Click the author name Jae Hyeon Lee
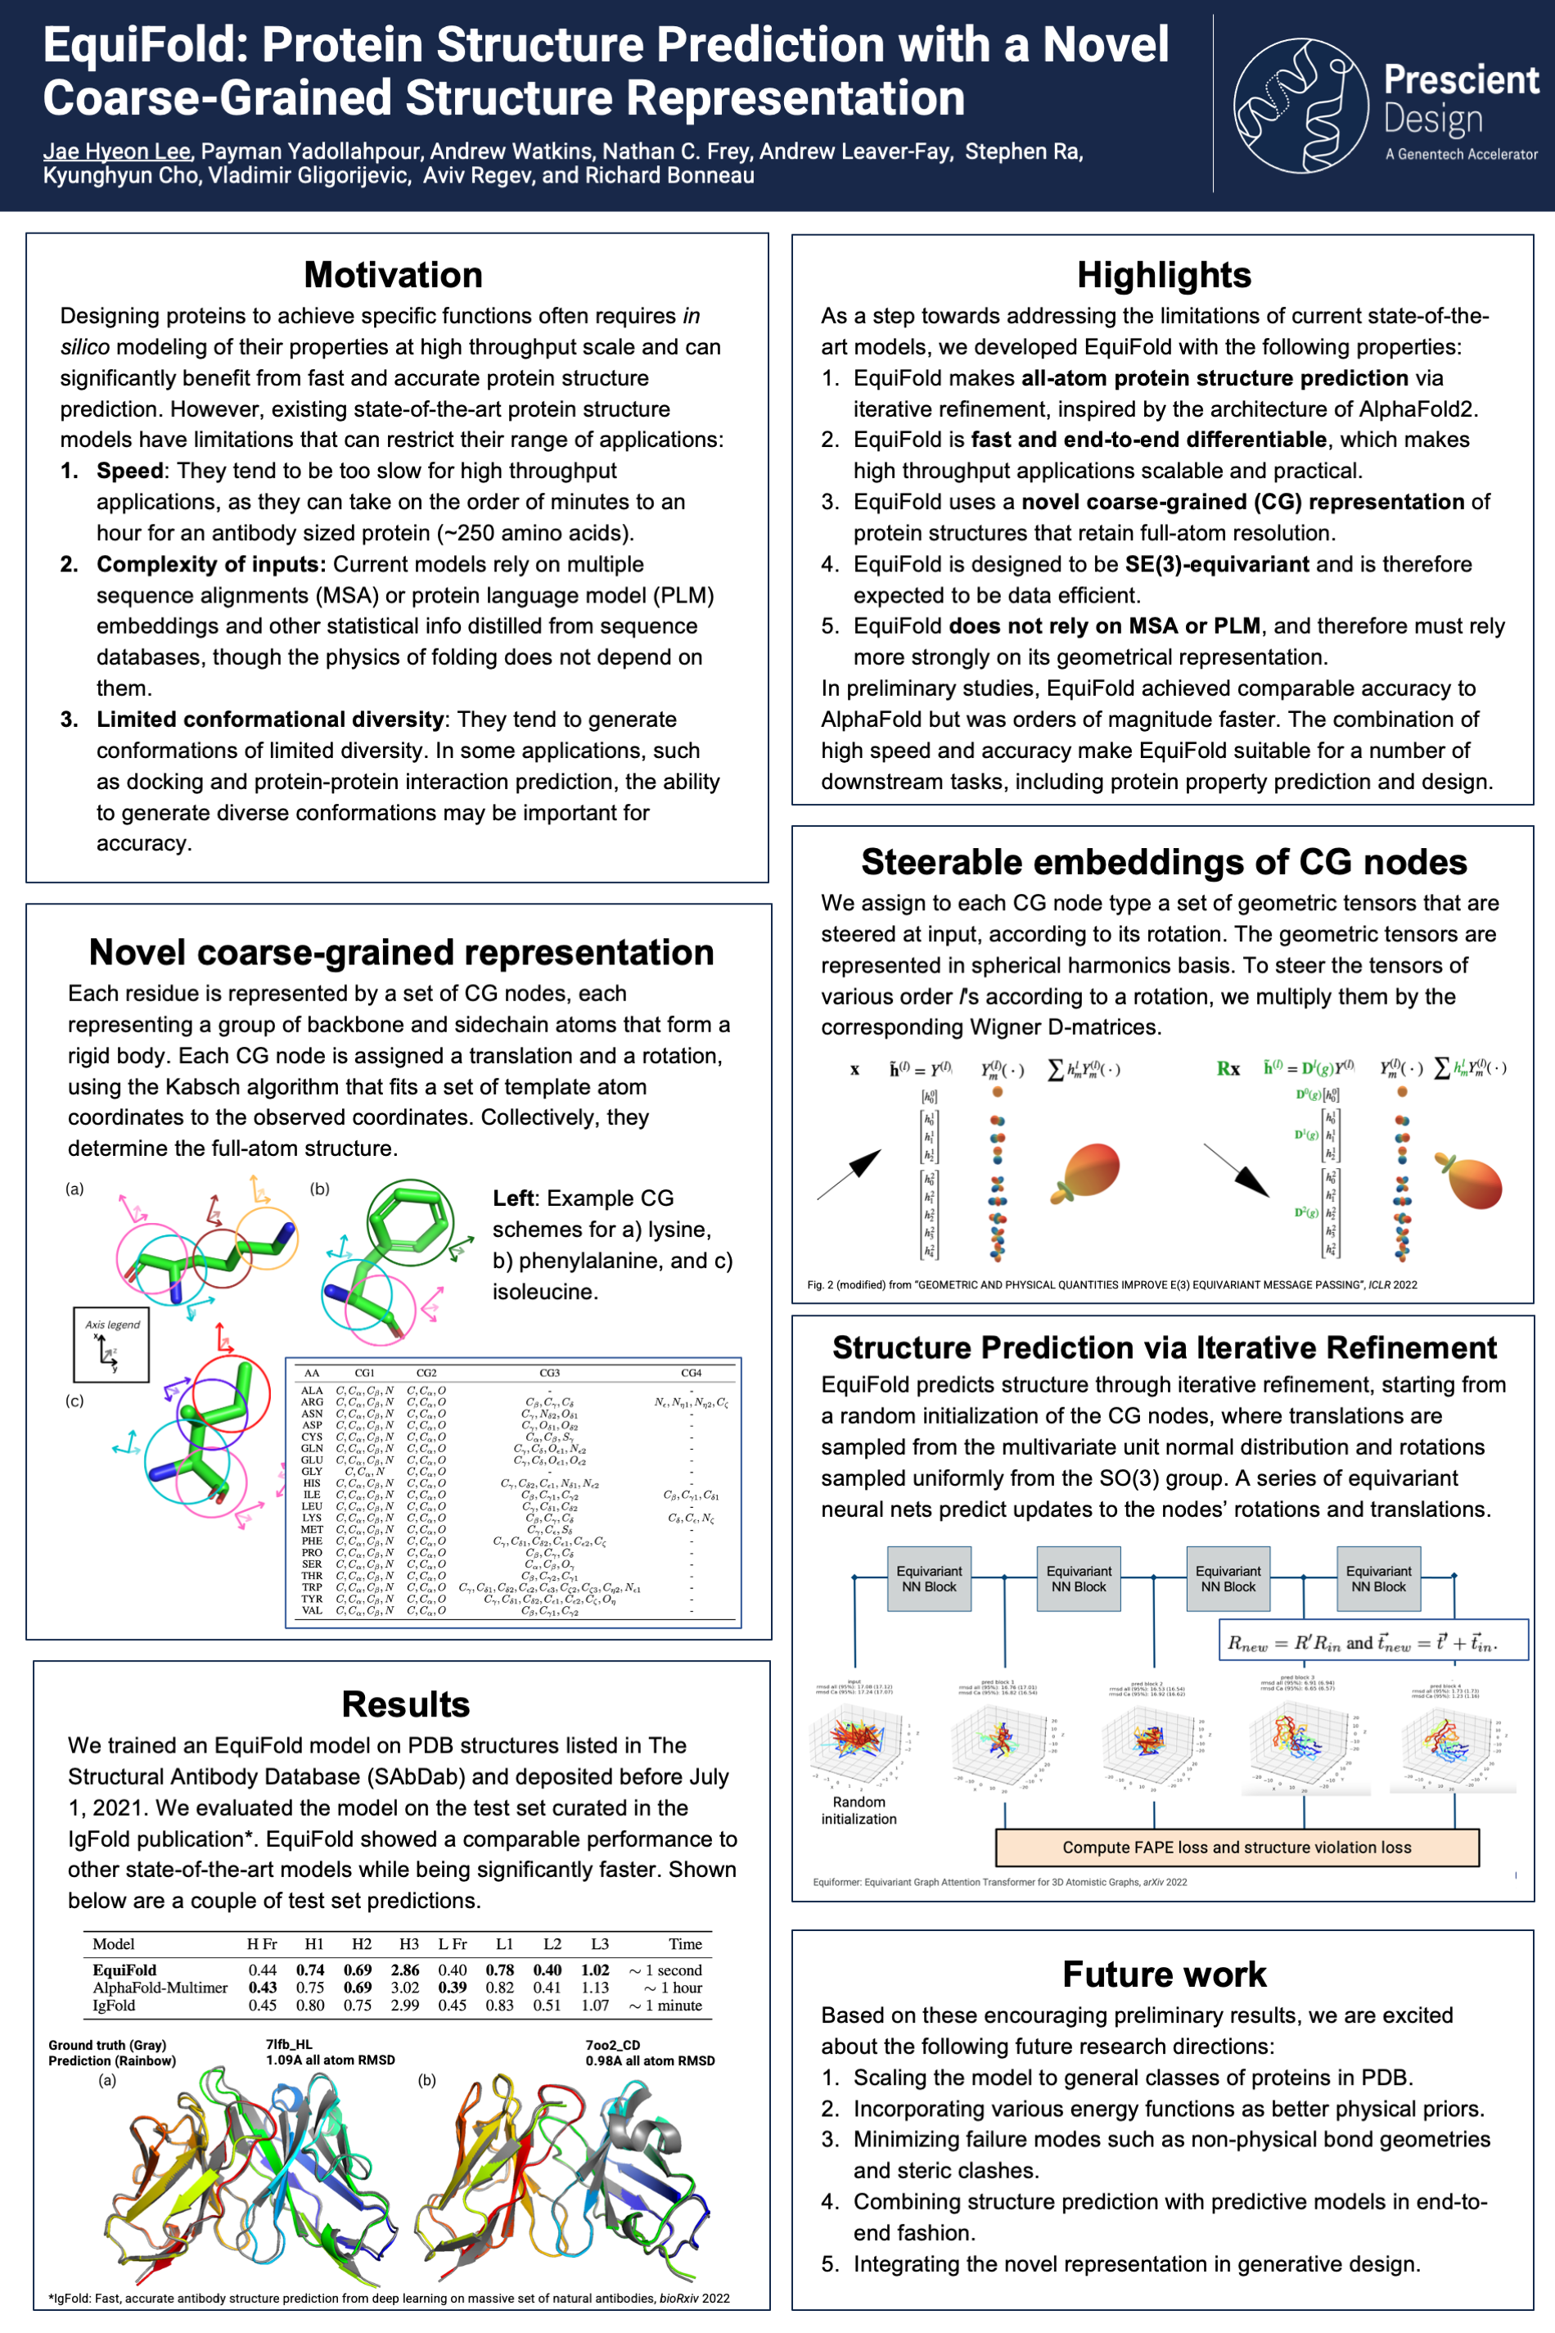[117, 151]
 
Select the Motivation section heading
[393, 275]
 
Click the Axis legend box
[111, 1344]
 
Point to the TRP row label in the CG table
[311, 1587]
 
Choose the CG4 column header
[692, 1373]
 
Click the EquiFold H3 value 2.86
[404, 1970]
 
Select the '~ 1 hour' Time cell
[674, 1988]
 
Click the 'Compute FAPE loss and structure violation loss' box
[1237, 1847]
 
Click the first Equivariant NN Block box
[928, 1578]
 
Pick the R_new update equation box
[1372, 1643]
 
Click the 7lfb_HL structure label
[289, 2044]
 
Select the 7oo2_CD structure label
[613, 2044]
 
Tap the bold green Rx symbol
[1228, 1068]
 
